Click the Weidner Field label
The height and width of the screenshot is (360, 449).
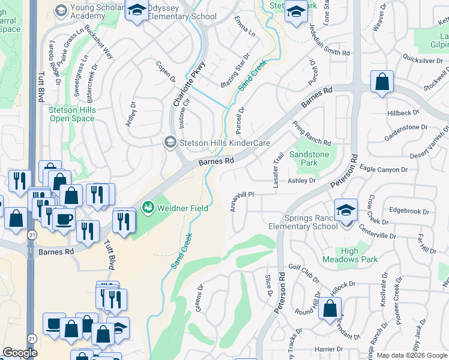click(x=183, y=208)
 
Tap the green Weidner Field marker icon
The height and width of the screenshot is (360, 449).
click(x=148, y=208)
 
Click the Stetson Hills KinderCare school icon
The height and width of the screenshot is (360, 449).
click(x=170, y=142)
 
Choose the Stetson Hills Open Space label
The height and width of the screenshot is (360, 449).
click(x=71, y=114)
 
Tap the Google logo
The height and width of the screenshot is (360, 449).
click(x=20, y=353)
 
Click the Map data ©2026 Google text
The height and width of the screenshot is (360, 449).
click(x=412, y=355)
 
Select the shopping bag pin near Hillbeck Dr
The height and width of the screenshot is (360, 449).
click(x=382, y=82)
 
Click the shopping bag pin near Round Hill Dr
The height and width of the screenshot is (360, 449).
click(x=330, y=308)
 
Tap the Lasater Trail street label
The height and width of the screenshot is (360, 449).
click(x=278, y=170)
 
